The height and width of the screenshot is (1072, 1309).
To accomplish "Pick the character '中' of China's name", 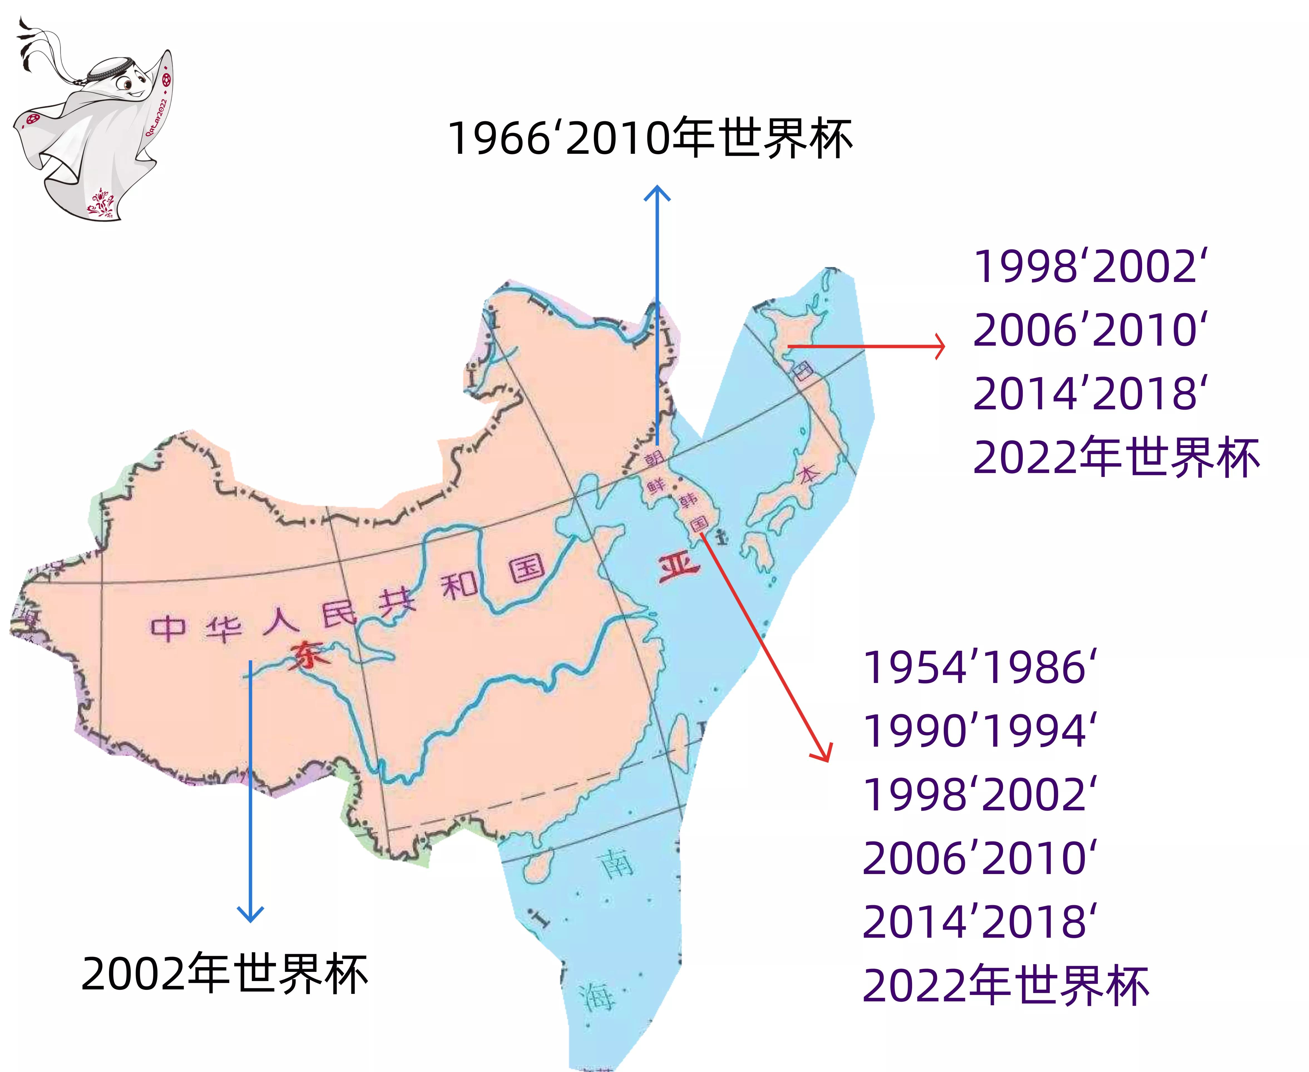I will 167,627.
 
